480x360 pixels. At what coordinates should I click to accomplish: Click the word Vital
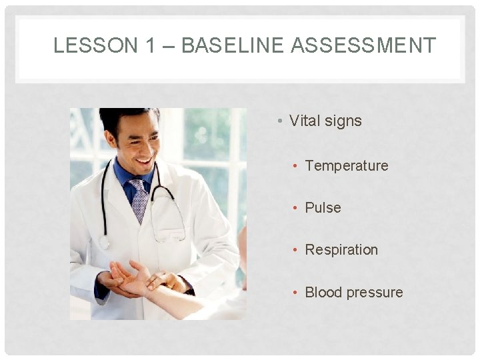[304, 121]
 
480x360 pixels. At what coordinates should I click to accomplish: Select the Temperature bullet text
[346, 165]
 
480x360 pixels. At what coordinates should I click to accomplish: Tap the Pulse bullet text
[323, 207]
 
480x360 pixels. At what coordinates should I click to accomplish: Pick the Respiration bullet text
[341, 250]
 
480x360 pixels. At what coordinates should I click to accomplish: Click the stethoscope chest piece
[104, 241]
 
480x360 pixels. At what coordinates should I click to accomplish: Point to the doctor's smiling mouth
[143, 160]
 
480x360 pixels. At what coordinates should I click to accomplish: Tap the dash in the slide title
[168, 46]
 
